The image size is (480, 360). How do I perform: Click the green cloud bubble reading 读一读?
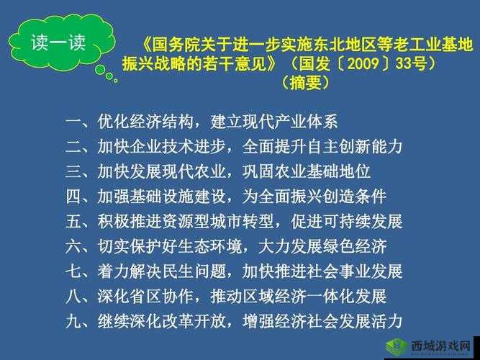click(x=58, y=42)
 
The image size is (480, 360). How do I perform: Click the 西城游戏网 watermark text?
click(x=440, y=346)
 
